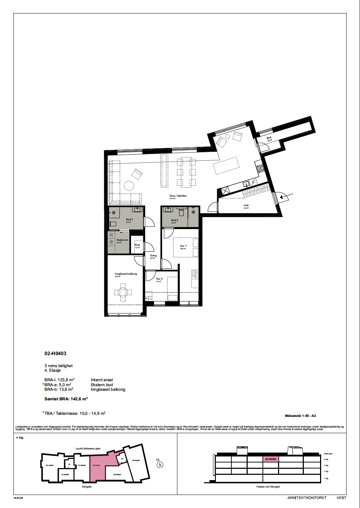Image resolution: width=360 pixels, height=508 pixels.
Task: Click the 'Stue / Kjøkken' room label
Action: pyautogui.click(x=178, y=196)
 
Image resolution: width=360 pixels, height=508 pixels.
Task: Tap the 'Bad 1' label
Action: pyautogui.click(x=129, y=220)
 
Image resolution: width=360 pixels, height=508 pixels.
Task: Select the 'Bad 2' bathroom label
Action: pyautogui.click(x=175, y=220)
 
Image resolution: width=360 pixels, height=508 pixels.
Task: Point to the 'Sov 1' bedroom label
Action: pyautogui.click(x=183, y=246)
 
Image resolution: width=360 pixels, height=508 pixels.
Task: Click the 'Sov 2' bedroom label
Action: pyautogui.click(x=159, y=279)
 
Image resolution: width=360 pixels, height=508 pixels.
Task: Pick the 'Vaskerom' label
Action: pyautogui.click(x=122, y=240)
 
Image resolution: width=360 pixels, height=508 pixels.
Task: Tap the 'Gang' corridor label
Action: pyautogui.click(x=153, y=256)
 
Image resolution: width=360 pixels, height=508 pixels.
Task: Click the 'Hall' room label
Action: pyautogui.click(x=246, y=205)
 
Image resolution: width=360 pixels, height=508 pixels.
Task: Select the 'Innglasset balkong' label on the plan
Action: pyautogui.click(x=126, y=274)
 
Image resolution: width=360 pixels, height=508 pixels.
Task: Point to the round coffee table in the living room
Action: pyautogui.click(x=129, y=186)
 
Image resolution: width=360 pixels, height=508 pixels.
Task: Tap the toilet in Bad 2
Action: pyautogui.click(x=182, y=212)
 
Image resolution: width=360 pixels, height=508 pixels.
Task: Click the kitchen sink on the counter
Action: pyautogui.click(x=246, y=184)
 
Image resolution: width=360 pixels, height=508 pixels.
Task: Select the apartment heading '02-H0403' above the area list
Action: pyautogui.click(x=55, y=353)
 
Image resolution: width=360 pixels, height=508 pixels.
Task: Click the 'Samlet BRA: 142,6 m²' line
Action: pyautogui.click(x=66, y=399)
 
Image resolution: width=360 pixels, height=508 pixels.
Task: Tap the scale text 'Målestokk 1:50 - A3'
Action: pyautogui.click(x=300, y=416)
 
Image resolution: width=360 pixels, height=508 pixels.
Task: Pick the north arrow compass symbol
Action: pyautogui.click(x=160, y=464)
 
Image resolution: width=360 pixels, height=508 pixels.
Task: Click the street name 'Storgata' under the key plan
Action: pyautogui.click(x=87, y=486)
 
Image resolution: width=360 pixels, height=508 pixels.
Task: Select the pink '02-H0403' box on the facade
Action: pyautogui.click(x=271, y=459)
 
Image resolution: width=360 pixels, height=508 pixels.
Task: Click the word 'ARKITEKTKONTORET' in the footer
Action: pyautogui.click(x=307, y=498)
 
